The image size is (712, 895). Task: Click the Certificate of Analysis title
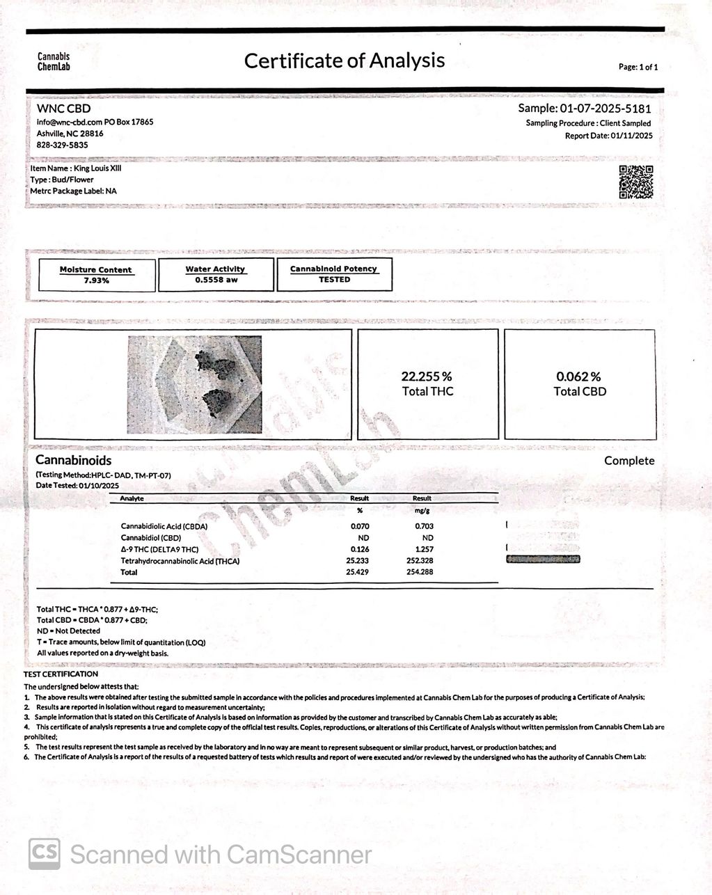(x=344, y=61)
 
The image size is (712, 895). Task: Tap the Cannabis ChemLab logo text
(x=54, y=62)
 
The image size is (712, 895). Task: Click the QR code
(x=635, y=182)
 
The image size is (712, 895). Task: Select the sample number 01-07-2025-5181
(x=606, y=109)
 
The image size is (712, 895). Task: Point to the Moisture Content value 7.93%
(x=96, y=280)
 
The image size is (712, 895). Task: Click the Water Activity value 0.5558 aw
(x=216, y=280)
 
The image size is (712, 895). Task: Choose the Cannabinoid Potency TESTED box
(x=334, y=274)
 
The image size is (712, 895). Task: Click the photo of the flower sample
(x=194, y=384)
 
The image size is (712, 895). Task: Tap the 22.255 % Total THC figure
(x=427, y=383)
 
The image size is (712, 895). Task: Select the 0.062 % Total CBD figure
(x=579, y=383)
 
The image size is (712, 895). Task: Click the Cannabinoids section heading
(x=73, y=461)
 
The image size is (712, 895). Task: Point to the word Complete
(x=629, y=461)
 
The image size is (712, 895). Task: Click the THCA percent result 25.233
(x=359, y=561)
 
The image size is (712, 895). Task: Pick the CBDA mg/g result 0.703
(x=424, y=527)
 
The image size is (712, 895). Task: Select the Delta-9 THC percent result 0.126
(x=359, y=550)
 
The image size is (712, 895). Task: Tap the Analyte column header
(x=132, y=498)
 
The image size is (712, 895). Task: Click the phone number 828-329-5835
(x=62, y=145)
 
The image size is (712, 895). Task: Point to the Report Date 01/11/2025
(x=608, y=136)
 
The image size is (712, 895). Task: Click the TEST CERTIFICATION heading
(x=61, y=674)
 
